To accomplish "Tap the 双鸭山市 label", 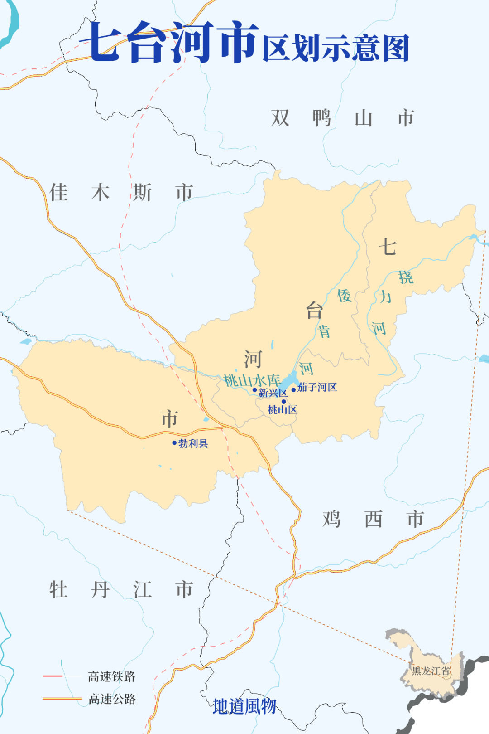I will (342, 118).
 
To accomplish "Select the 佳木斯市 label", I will (121, 193).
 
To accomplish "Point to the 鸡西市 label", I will (373, 519).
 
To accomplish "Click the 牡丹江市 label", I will (121, 590).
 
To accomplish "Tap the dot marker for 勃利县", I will (174, 443).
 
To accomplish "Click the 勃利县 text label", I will (193, 443).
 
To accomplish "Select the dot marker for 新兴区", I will (254, 390).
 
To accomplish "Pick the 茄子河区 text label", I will (317, 387).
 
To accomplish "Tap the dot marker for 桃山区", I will (284, 402).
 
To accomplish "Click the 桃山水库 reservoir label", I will (252, 380).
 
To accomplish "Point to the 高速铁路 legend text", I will (112, 676).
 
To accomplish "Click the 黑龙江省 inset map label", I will (431, 671).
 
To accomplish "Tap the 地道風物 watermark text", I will (244, 706).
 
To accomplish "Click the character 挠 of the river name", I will (406, 277).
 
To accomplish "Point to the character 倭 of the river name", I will (345, 296).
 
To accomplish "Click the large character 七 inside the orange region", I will (388, 248).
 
